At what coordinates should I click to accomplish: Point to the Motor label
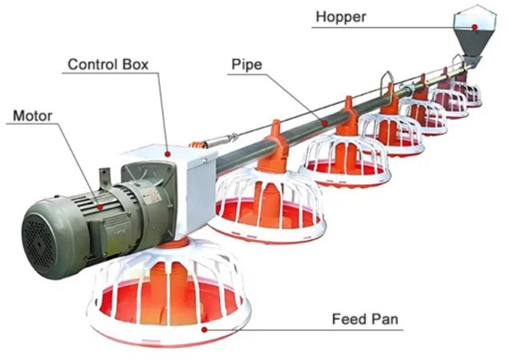coord(33,116)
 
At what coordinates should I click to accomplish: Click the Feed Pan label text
coord(366,321)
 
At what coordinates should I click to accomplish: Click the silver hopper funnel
coord(475,32)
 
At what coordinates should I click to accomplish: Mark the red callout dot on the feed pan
coord(205,329)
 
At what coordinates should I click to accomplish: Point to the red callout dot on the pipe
coord(325,123)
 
